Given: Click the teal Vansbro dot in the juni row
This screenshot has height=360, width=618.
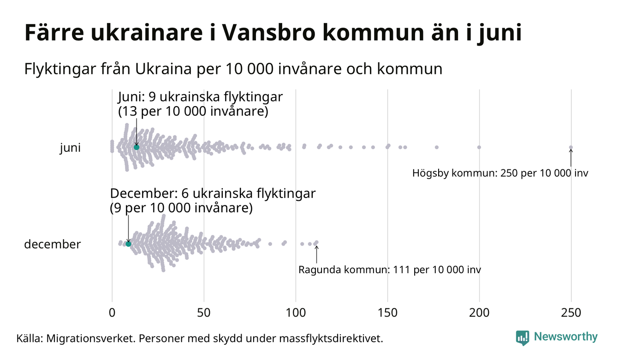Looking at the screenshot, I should click(137, 147).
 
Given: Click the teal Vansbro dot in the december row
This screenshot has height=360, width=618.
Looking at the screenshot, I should click(128, 244).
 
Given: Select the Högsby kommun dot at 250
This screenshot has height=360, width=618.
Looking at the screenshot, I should click(571, 148).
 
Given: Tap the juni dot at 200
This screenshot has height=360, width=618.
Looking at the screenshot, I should click(479, 147).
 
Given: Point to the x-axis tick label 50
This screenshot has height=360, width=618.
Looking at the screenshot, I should click(204, 313).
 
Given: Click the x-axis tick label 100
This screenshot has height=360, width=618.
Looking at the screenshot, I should click(296, 313).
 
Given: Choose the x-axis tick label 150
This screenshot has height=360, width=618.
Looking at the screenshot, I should click(387, 313).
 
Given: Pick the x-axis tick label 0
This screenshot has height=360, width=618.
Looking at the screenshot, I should click(112, 313).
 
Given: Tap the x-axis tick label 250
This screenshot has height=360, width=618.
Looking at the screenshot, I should click(571, 313).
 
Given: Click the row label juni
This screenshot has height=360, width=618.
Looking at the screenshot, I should click(70, 148).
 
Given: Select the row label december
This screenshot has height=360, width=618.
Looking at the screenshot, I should click(52, 244).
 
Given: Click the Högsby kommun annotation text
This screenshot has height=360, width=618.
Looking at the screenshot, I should click(500, 174).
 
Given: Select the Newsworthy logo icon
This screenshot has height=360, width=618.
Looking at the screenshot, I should click(523, 337).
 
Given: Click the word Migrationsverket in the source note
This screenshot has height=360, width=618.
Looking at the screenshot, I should click(88, 338).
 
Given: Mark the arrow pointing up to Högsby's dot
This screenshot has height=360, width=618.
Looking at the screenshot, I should click(571, 158).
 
